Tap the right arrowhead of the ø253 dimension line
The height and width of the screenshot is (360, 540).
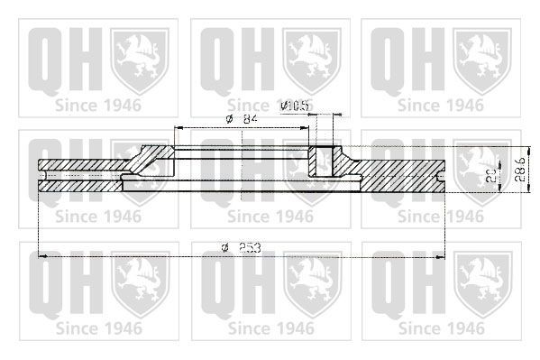(445, 257)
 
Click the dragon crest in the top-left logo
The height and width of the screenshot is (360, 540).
(139, 59)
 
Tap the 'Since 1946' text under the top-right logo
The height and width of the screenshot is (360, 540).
(440, 106)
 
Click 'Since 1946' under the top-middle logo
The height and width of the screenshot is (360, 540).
(270, 106)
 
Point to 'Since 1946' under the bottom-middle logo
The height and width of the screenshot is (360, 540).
(270, 326)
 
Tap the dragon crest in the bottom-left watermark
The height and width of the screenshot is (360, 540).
(139, 280)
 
